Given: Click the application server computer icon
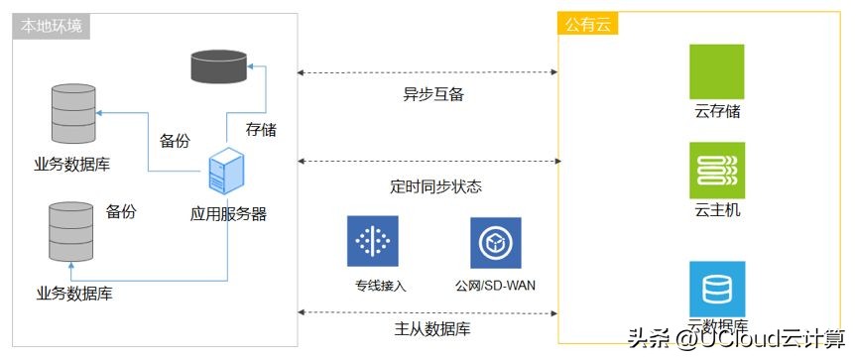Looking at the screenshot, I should (227, 171).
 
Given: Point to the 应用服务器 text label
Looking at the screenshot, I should (228, 213).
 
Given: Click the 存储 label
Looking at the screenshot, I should (261, 128).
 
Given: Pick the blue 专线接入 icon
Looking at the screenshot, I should (372, 241).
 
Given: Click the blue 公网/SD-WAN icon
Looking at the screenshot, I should (496, 241).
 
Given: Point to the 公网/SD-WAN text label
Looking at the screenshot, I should (496, 286).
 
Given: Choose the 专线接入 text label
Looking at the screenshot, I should (381, 286).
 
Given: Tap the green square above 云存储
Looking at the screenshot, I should (716, 70).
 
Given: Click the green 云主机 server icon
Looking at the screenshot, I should (716, 170).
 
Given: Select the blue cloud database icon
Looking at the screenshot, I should (716, 290).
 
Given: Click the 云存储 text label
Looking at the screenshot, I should (717, 112).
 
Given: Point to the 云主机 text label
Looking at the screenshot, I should (717, 210).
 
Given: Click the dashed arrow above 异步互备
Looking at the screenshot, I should (428, 72).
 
